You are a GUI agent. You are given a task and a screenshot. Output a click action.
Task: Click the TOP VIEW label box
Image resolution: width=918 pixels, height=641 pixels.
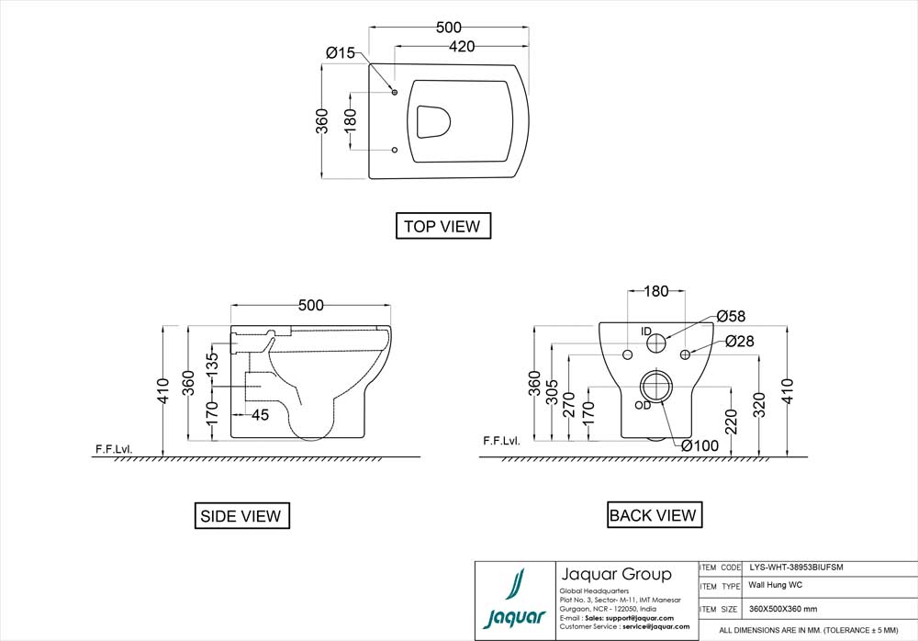coord(442,226)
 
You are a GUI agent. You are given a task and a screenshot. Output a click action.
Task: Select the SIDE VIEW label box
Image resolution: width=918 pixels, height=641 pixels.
coord(241,516)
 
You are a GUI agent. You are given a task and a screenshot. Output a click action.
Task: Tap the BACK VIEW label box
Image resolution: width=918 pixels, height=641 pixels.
coord(653,515)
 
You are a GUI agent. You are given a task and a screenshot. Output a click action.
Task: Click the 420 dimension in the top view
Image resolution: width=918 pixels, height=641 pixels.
coord(462,47)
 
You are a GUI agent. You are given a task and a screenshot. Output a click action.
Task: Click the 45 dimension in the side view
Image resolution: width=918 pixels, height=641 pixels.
coord(260,415)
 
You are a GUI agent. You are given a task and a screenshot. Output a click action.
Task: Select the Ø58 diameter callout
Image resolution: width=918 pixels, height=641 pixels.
coord(731,316)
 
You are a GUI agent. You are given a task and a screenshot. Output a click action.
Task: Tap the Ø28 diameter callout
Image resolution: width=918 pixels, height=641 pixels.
coord(739,342)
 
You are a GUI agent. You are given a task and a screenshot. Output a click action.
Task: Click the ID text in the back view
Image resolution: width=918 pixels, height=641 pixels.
coord(645,331)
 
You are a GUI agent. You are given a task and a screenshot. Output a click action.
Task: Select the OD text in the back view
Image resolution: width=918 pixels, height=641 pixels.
coord(643,405)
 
